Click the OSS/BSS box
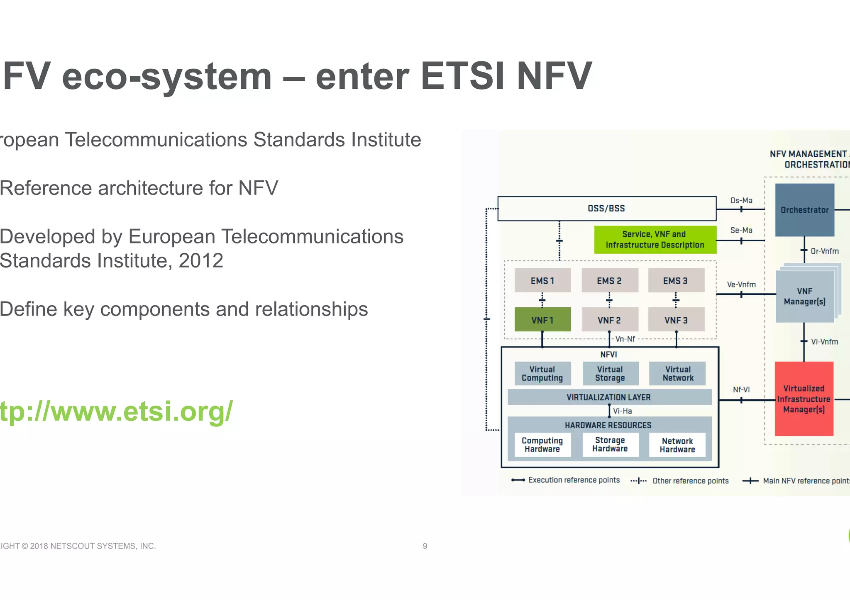(606, 209)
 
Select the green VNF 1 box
(542, 320)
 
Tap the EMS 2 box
(609, 281)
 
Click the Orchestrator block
(804, 210)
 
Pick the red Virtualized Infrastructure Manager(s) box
(804, 399)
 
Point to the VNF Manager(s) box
(804, 296)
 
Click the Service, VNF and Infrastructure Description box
(655, 240)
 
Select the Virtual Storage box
(610, 374)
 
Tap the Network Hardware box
(677, 445)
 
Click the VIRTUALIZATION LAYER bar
(609, 397)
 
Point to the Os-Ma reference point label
(741, 201)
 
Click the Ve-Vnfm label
(741, 285)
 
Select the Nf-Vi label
(741, 390)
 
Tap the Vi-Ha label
(623, 411)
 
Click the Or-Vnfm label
(825, 251)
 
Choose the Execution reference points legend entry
(574, 480)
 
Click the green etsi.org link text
(116, 412)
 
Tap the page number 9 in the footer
(425, 546)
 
